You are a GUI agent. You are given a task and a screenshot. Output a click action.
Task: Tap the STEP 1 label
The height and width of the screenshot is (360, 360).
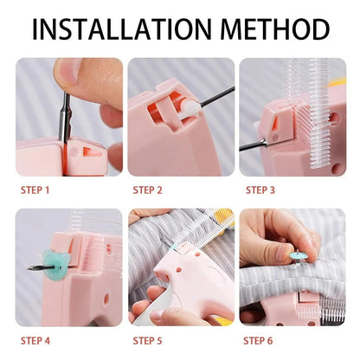point(35,190)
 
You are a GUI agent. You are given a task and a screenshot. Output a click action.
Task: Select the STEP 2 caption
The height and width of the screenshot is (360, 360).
point(149,190)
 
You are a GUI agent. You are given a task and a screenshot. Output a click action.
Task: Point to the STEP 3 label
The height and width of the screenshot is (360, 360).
point(261,190)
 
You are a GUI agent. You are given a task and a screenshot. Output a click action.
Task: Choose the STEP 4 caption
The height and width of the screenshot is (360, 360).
point(35,339)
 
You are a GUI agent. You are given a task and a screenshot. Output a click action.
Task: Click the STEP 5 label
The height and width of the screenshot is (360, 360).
point(149,339)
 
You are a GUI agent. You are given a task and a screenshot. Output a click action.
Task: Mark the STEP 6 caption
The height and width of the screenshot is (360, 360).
point(261,339)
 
